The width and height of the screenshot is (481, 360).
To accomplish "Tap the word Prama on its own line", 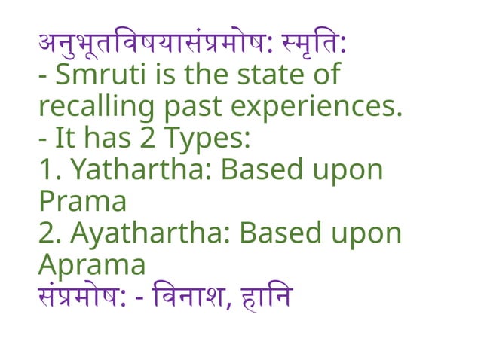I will [x=82, y=203].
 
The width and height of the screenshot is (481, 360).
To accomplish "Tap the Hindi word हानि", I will [x=264, y=297].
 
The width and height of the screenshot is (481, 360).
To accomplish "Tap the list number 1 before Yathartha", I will [x=47, y=171].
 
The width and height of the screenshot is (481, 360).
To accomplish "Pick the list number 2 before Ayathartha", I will [x=47, y=234].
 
